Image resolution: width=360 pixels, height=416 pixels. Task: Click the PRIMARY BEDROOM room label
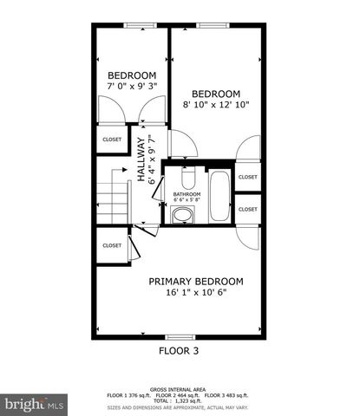(195, 281)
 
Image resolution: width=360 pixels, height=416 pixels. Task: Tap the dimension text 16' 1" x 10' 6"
(195, 293)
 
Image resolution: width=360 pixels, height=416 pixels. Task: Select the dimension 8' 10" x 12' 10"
(215, 105)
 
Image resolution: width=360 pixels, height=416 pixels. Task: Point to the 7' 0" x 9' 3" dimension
(131, 87)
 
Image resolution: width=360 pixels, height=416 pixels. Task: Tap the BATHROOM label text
(187, 194)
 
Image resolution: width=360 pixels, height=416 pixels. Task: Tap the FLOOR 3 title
(178, 351)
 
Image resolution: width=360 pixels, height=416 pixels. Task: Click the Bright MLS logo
(35, 404)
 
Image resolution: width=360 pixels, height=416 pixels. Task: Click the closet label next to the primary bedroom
(112, 245)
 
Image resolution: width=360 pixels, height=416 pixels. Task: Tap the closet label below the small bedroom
(112, 139)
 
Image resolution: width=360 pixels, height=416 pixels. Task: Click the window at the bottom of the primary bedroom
(179, 336)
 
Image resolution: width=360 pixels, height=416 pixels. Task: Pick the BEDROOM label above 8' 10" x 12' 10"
(215, 94)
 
